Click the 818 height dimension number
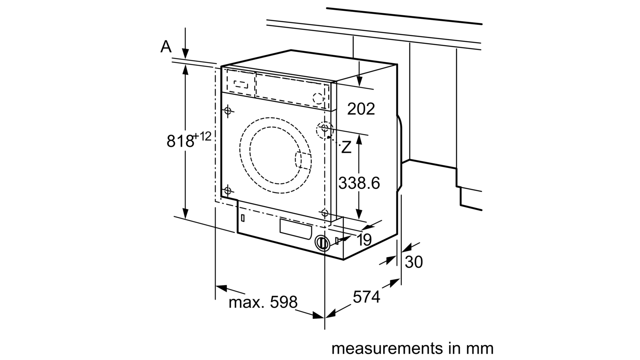coord(180,141)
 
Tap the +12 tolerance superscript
coord(202,136)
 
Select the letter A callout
coord(166,46)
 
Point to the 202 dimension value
coord(361,109)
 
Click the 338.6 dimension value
coord(359,183)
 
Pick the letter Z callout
coord(346,147)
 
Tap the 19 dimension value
coord(364,240)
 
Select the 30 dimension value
coord(414,262)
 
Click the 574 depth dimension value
coord(366,297)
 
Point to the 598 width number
coord(284,302)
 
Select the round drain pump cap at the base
coord(322,243)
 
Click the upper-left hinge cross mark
coord(228,110)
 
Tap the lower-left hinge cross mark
coord(228,190)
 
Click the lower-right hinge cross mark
coord(324,213)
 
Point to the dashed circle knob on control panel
coord(318,98)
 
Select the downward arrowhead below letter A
coord(186,54)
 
